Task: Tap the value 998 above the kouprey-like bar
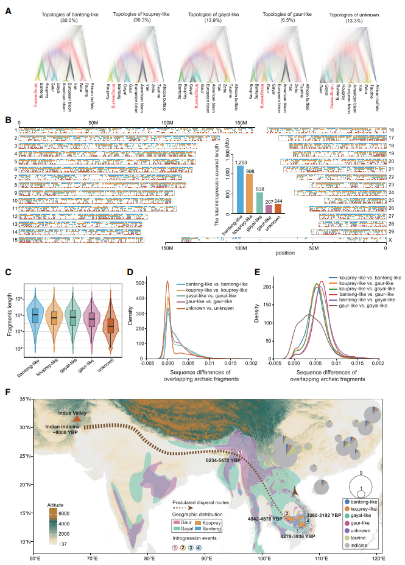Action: click(x=250, y=170)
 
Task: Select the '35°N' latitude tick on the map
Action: click(x=24, y=399)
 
